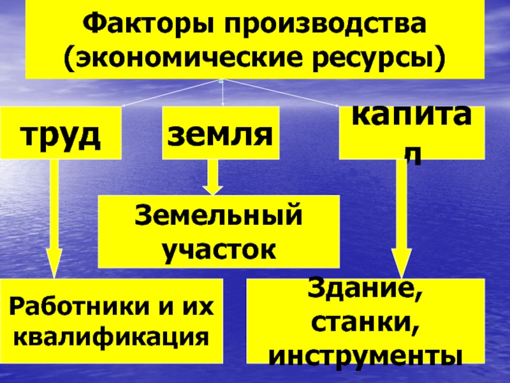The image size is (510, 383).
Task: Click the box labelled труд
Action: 61,132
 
